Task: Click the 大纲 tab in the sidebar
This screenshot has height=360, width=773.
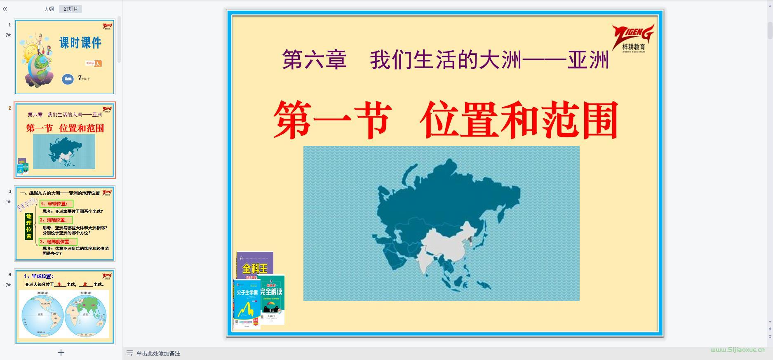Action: point(49,9)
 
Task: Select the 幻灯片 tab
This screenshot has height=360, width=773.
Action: point(70,9)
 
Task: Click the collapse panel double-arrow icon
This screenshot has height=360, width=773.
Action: point(5,9)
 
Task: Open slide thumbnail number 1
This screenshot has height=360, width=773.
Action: point(65,57)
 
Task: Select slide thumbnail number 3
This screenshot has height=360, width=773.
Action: point(65,223)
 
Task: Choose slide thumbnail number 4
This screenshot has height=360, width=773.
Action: point(65,306)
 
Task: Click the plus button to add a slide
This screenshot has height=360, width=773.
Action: point(61,353)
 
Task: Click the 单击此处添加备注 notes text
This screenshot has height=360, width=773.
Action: point(158,353)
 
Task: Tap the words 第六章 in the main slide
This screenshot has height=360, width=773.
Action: point(314,60)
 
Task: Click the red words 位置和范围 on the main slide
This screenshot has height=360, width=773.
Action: point(519,120)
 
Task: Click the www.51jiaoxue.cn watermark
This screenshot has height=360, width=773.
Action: point(737,350)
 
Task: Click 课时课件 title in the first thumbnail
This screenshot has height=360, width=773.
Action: point(80,42)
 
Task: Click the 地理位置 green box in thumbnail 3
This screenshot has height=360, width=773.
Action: point(29,226)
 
